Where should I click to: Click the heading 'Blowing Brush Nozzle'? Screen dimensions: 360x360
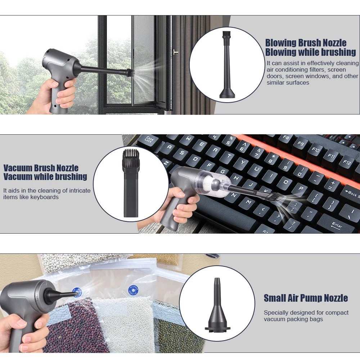pyautogui.click(x=306, y=43)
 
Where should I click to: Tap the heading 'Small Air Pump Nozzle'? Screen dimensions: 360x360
pyautogui.click(x=306, y=298)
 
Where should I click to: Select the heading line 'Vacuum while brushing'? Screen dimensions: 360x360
pyautogui.click(x=45, y=176)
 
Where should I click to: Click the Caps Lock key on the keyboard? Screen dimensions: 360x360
pyautogui.click(x=149, y=140)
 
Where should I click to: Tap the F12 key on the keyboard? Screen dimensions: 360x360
pyautogui.click(x=347, y=162)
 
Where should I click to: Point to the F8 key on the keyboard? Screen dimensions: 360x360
pyautogui.click(x=285, y=138)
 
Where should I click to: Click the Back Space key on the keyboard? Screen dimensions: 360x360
pyautogui.click(x=351, y=194)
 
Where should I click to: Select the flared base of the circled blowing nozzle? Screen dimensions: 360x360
pyautogui.click(x=227, y=94)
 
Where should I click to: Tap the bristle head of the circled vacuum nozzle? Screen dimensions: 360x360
pyautogui.click(x=131, y=156)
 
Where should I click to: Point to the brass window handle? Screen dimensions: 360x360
pyautogui.click(x=175, y=52)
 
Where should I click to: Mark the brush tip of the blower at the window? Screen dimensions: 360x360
pyautogui.click(x=130, y=73)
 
